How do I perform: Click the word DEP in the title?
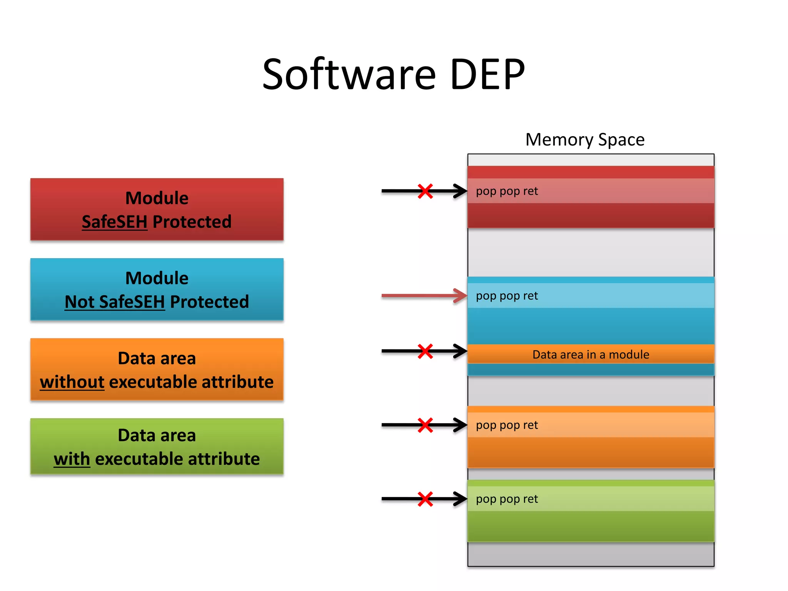pyautogui.click(x=487, y=74)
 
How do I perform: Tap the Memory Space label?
pyautogui.click(x=585, y=140)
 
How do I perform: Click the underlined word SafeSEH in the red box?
pyautogui.click(x=114, y=222)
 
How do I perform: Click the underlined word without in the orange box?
pyautogui.click(x=72, y=382)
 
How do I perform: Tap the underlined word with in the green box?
pyautogui.click(x=72, y=459)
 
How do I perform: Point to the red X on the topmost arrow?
pyautogui.click(x=425, y=191)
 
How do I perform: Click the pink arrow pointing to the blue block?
pyautogui.click(x=423, y=296)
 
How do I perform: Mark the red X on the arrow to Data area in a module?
pyautogui.click(x=425, y=351)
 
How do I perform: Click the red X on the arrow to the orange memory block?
pyautogui.click(x=425, y=425)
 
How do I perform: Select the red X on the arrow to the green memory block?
pyautogui.click(x=425, y=499)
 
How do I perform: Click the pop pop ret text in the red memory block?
pyautogui.click(x=507, y=191)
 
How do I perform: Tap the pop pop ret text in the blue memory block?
pyautogui.click(x=507, y=296)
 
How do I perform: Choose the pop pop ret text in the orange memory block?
pyautogui.click(x=507, y=425)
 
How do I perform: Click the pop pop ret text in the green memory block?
pyautogui.click(x=507, y=499)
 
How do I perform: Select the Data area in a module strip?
pyautogui.click(x=591, y=354)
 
